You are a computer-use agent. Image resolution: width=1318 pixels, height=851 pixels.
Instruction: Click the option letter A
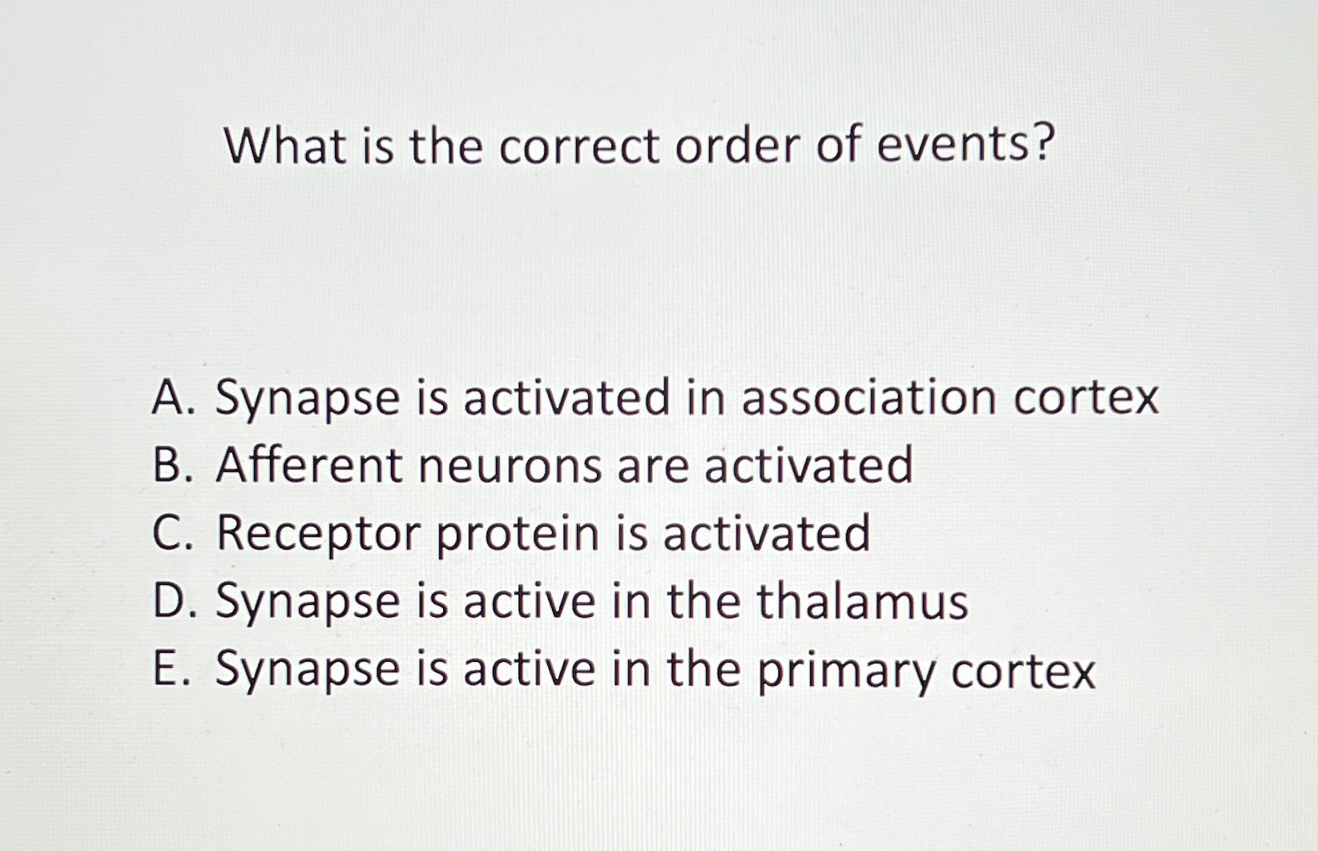coord(169,398)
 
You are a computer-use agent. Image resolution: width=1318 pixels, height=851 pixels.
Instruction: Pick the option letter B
coord(168,466)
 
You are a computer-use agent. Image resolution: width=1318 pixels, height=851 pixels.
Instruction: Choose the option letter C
coord(169,534)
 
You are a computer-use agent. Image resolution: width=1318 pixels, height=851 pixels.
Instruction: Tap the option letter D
coord(169,602)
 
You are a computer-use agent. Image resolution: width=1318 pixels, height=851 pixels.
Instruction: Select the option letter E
coord(166,669)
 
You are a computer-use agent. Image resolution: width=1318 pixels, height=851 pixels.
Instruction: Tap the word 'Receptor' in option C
coord(318,535)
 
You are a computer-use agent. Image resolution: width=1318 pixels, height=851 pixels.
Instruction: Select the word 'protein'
coord(518,534)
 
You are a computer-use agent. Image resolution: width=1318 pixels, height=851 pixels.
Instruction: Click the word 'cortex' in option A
coord(1086,398)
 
